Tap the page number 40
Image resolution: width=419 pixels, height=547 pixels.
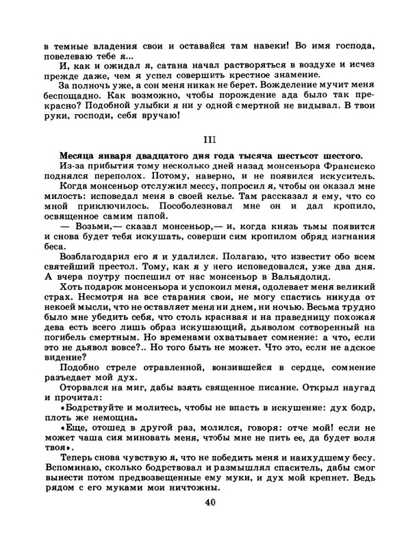[x=209, y=504]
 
